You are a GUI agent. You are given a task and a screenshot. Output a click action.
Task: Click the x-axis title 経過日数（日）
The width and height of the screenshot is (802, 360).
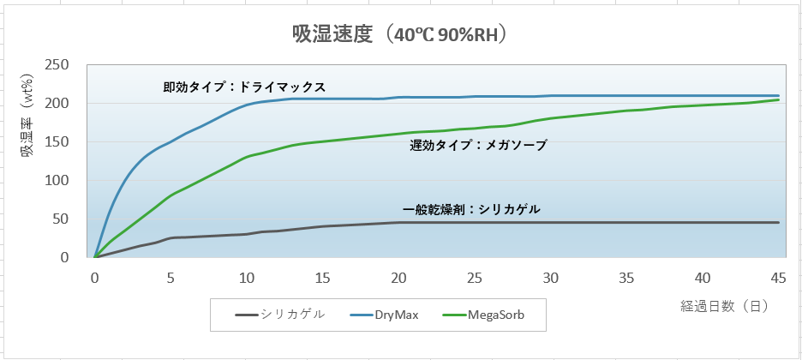click(x=728, y=304)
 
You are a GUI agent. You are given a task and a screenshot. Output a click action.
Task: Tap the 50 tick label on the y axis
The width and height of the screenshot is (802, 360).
click(x=61, y=219)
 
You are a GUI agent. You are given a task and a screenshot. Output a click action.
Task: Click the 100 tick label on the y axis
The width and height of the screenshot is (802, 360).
click(x=57, y=181)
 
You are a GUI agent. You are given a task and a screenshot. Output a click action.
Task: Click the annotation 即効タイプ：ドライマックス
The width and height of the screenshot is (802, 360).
click(x=245, y=87)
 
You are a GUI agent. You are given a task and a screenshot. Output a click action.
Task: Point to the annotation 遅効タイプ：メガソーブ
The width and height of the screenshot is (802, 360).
click(x=477, y=146)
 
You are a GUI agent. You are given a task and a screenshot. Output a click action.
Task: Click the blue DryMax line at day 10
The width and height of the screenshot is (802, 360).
click(x=246, y=105)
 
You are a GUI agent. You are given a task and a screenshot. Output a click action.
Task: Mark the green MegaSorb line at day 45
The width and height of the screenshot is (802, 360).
click(x=778, y=99)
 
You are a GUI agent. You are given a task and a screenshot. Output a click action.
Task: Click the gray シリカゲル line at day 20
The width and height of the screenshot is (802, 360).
click(x=398, y=223)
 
